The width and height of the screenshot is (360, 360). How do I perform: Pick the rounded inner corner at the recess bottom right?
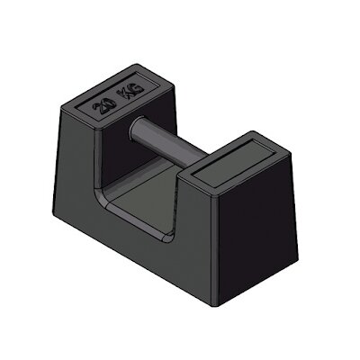tap(172, 238)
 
